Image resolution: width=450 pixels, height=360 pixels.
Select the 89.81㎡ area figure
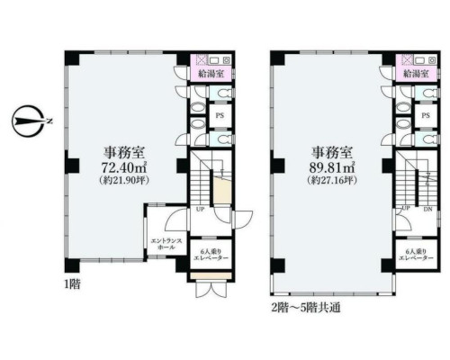tap(332, 168)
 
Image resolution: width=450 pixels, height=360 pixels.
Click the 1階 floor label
tap(72, 284)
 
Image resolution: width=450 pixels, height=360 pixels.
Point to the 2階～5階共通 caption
tap(306, 308)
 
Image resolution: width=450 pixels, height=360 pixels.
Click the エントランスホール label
tap(166, 244)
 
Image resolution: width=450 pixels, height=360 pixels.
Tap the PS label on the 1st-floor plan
tap(220, 116)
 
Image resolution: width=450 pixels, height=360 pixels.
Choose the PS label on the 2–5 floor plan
tap(426, 115)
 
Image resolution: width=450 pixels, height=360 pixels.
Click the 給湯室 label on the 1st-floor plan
tap(211, 74)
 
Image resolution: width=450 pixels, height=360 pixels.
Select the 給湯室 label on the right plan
tap(416, 74)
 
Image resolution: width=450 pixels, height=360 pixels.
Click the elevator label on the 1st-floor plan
tap(211, 255)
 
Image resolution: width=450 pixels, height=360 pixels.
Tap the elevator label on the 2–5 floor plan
tap(416, 255)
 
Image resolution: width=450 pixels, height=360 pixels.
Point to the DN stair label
tap(427, 210)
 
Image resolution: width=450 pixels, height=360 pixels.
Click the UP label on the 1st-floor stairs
tap(201, 210)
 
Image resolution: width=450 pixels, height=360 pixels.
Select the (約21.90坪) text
tap(124, 181)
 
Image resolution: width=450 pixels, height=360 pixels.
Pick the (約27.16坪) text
tap(332, 181)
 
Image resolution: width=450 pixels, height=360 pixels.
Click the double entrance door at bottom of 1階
tap(211, 289)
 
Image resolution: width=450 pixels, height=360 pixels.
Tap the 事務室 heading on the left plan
tap(124, 153)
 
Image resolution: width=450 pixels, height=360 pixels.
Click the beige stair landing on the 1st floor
tap(222, 190)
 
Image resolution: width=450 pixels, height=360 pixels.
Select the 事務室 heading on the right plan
tap(332, 152)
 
